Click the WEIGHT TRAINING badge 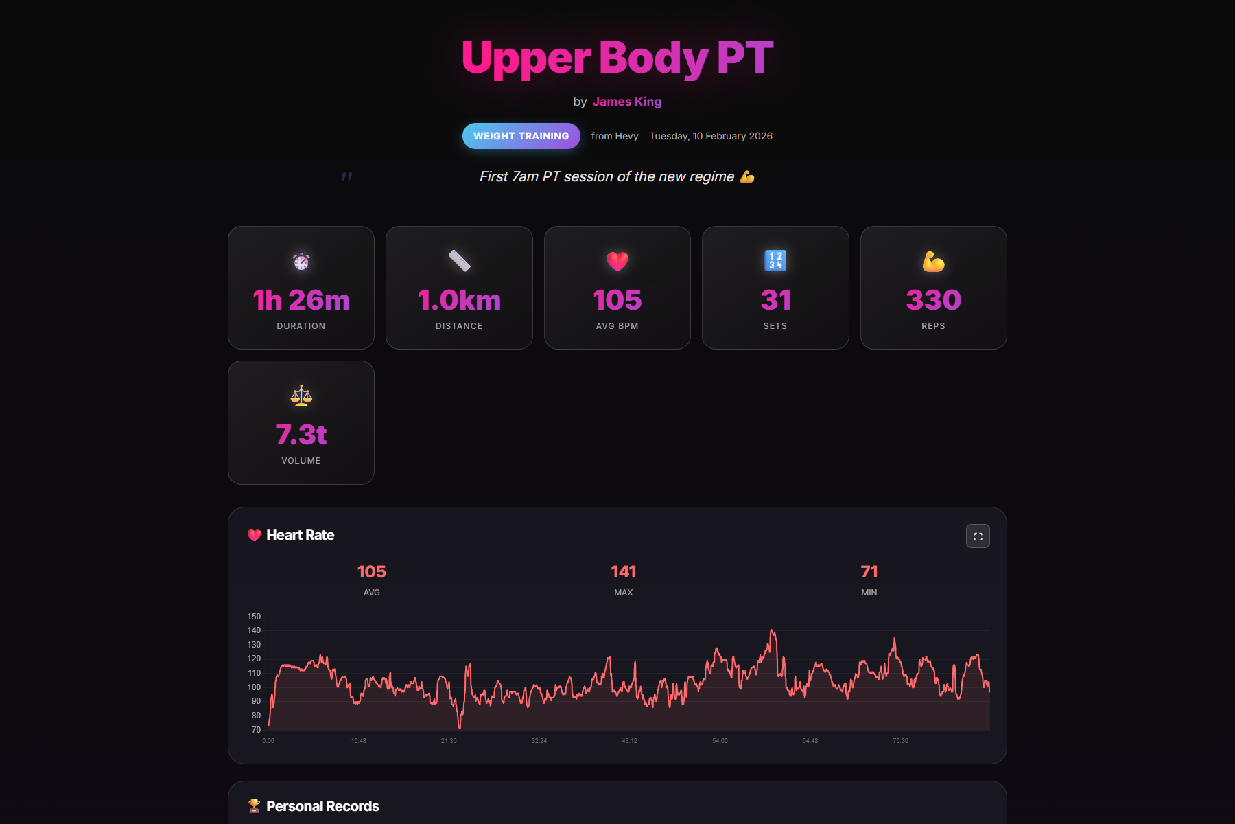521,136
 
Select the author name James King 626,102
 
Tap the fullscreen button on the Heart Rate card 978,536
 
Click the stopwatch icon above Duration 301,261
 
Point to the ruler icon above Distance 459,261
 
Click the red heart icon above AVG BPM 617,261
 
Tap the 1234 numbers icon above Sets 775,261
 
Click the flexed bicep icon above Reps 933,261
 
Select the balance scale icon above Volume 301,396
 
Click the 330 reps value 933,300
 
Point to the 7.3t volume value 301,435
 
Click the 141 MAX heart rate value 623,572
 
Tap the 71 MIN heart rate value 869,572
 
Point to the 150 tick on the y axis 254,617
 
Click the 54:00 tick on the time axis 720,741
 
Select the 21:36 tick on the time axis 449,741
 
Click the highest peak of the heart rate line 773,630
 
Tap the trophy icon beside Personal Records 254,806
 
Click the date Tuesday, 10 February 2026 711,136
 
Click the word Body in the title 653,58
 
